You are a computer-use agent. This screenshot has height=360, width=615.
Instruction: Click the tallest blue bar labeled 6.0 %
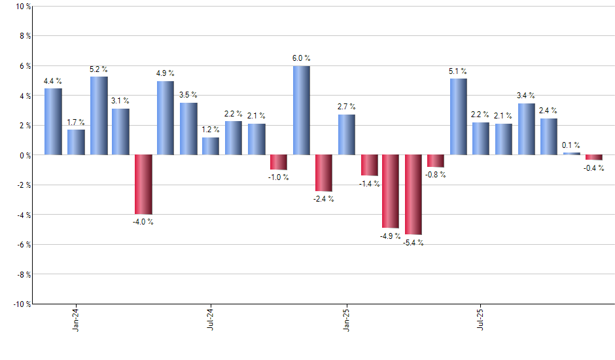(x=301, y=110)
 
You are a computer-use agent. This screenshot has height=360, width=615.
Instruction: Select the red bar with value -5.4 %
(x=413, y=194)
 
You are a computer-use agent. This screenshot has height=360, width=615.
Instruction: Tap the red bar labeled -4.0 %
(x=143, y=185)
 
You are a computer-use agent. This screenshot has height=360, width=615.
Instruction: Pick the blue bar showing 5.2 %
(x=99, y=116)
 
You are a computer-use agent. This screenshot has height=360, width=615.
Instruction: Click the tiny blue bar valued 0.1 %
(x=571, y=153)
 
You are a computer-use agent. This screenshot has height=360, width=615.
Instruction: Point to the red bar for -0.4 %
(x=593, y=158)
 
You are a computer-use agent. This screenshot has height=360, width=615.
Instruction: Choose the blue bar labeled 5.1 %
(x=458, y=117)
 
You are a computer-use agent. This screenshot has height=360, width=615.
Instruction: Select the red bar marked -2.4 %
(x=323, y=173)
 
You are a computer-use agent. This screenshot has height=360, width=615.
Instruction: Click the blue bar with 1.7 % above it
(x=76, y=142)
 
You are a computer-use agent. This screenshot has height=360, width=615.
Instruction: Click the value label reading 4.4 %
(x=53, y=81)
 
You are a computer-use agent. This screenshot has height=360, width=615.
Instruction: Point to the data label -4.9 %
(x=391, y=236)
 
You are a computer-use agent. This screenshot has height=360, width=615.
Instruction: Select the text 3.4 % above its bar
(x=526, y=96)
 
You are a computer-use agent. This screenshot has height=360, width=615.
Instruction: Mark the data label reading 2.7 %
(x=346, y=107)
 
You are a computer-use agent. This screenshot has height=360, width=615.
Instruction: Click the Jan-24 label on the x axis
(x=77, y=319)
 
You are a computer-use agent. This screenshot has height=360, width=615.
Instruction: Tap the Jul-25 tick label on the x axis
(x=481, y=319)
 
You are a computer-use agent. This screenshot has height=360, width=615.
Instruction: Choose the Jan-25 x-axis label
(x=346, y=319)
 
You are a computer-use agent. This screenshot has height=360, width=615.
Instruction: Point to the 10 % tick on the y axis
(x=22, y=7)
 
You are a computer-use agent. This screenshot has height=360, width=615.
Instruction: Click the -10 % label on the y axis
(x=21, y=304)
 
